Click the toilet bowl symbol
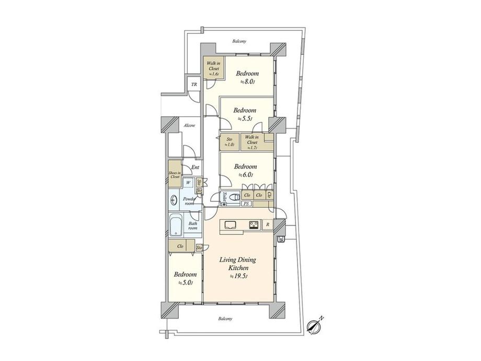(x=235, y=198)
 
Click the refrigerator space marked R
(x=267, y=225)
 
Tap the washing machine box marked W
(x=188, y=183)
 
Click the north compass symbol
(x=314, y=326)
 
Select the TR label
(x=193, y=85)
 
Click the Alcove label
(x=189, y=126)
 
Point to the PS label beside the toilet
(x=246, y=204)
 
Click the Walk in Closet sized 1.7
(x=251, y=142)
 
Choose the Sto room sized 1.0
(x=228, y=142)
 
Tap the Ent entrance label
(x=194, y=167)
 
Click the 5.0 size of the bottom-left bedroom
(x=186, y=283)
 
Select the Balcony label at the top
(x=239, y=41)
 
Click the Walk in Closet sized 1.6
(x=213, y=69)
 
